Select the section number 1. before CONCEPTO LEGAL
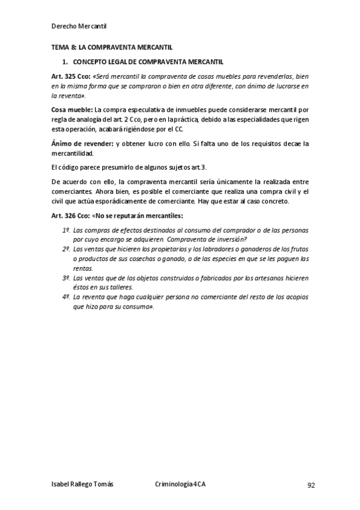point(66,62)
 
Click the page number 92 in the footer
point(311,485)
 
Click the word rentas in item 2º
point(83,269)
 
